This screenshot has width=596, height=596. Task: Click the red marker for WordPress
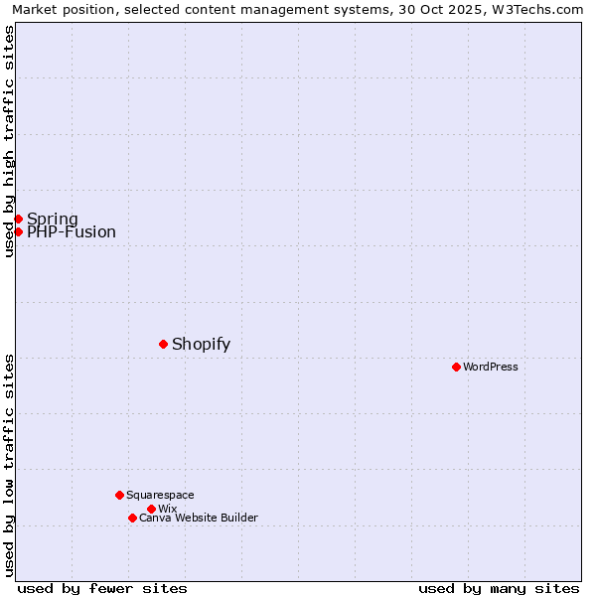tap(456, 367)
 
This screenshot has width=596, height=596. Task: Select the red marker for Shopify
tap(163, 344)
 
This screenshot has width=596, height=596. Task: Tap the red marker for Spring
tap(18, 219)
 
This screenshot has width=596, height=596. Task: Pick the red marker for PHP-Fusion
tap(18, 231)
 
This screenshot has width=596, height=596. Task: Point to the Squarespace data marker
tap(119, 495)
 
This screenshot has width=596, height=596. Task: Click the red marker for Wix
tap(151, 509)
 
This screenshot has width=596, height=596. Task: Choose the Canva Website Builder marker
tap(132, 518)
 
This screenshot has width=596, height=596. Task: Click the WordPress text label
tap(491, 367)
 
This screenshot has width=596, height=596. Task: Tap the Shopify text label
tap(201, 344)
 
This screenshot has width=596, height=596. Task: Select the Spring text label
tap(52, 219)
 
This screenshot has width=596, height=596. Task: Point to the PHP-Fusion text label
tap(71, 232)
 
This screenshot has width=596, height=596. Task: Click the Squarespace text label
tap(160, 495)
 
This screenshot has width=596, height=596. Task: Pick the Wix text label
tap(167, 509)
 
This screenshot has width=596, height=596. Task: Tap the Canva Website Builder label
tap(199, 518)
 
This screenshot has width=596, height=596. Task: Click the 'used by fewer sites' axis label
tap(102, 588)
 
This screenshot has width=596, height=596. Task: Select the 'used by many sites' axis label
tap(499, 588)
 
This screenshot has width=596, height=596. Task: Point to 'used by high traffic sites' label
tap(9, 141)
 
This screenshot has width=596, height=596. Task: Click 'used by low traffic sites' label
tap(9, 465)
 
